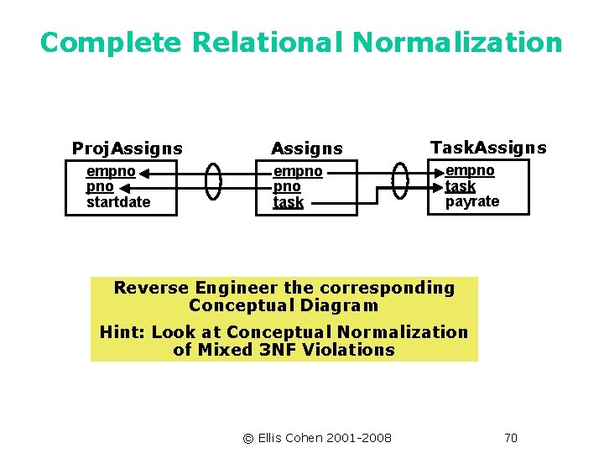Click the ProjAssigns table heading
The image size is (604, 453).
(127, 148)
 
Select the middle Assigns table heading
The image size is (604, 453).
(306, 148)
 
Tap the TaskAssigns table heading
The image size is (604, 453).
(488, 148)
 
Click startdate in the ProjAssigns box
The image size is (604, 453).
(118, 202)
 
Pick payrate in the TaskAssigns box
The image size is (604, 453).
(472, 201)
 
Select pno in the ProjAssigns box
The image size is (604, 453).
(99, 186)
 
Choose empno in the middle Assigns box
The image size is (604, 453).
(297, 171)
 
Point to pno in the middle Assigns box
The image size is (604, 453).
(286, 186)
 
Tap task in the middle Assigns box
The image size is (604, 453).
(289, 202)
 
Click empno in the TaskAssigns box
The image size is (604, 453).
(470, 170)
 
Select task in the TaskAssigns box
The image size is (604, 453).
(460, 186)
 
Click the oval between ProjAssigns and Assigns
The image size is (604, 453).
(214, 181)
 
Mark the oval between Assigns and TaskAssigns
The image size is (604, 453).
(400, 181)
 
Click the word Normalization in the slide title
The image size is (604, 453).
(457, 42)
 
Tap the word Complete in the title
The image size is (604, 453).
(112, 42)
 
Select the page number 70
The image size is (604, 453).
(510, 437)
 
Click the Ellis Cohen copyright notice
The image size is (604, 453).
(316, 437)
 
